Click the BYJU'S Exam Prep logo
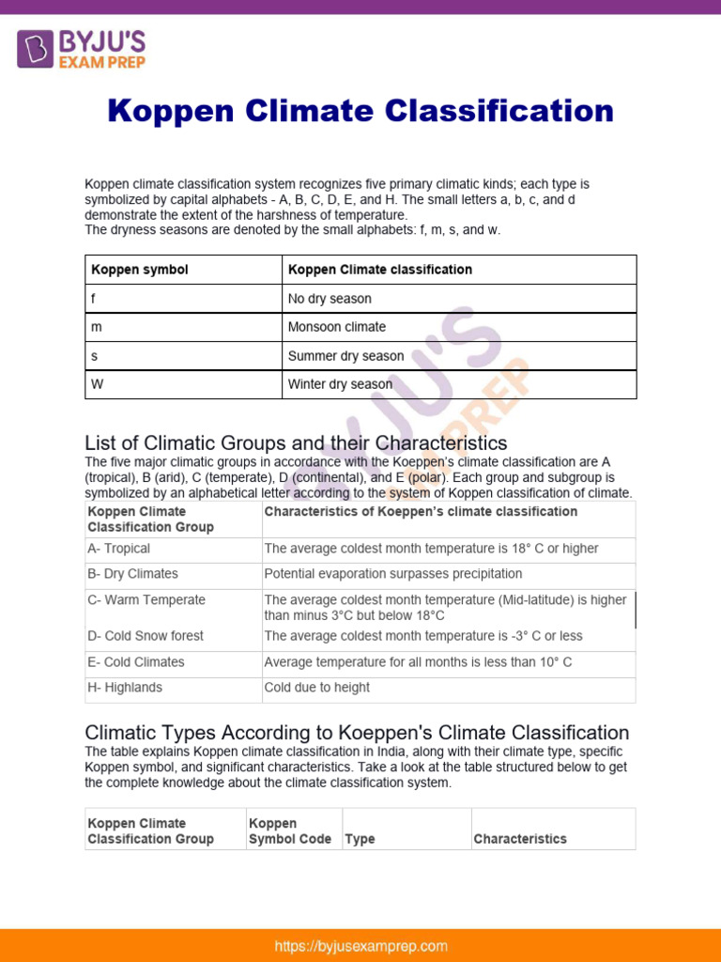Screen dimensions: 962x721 [81, 49]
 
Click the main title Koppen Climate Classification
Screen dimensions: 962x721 [360, 111]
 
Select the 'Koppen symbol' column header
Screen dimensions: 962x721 [140, 270]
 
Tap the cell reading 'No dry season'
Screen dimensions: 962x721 [330, 299]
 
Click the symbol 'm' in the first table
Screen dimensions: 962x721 [96, 327]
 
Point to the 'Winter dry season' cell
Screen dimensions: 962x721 [340, 384]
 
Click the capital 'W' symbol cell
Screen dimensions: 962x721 [97, 384]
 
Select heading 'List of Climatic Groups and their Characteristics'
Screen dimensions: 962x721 [296, 442]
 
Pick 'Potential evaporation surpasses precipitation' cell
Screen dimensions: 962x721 [393, 574]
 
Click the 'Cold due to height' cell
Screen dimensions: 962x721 [317, 688]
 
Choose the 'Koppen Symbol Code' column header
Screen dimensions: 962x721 [290, 831]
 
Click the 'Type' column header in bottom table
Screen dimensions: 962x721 [360, 839]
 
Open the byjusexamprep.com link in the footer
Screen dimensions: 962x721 [360, 946]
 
